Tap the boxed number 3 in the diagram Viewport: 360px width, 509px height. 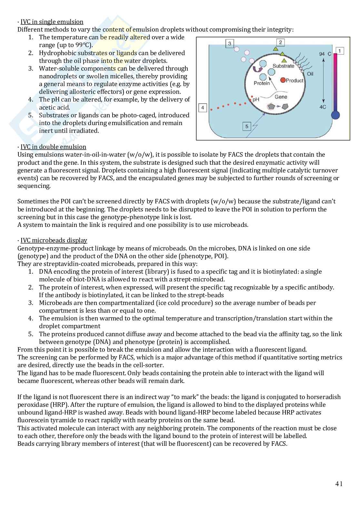pyautogui.click(x=229, y=44)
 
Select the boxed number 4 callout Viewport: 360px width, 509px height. pyautogui.click(x=202, y=107)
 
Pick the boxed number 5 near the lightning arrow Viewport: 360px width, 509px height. pyautogui.click(x=247, y=126)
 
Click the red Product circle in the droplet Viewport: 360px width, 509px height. pyautogui.click(x=283, y=80)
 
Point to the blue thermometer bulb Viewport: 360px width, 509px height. pyautogui.click(x=335, y=115)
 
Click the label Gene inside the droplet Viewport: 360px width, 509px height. pyautogui.click(x=281, y=96)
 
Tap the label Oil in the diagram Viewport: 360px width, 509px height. pyautogui.click(x=310, y=74)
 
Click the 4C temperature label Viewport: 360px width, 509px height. pyautogui.click(x=323, y=107)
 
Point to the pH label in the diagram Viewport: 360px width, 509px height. pyautogui.click(x=256, y=100)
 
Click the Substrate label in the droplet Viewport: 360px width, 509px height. pyautogui.click(x=283, y=66)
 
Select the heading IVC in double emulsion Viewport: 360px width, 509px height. pyautogui.click(x=53, y=147)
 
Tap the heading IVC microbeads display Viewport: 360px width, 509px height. pyautogui.click(x=54, y=240)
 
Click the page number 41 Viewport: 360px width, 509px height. pyautogui.click(x=339, y=484)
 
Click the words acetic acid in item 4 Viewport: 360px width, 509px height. pyautogui.click(x=55, y=107)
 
